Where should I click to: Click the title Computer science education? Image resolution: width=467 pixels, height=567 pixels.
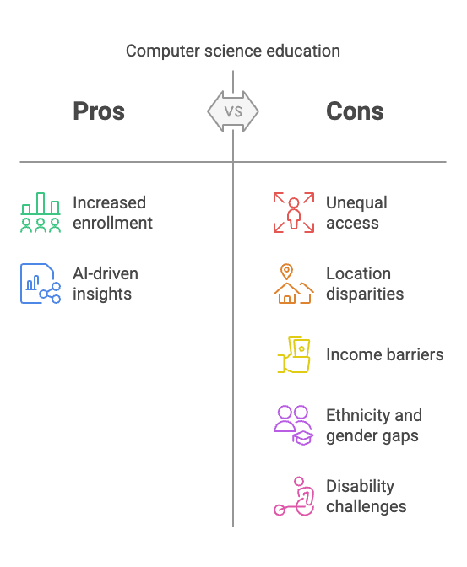(233, 51)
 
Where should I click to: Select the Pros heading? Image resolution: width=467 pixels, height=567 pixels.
(99, 111)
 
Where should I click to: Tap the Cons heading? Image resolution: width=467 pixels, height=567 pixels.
(355, 111)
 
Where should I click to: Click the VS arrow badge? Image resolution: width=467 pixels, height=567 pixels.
(233, 111)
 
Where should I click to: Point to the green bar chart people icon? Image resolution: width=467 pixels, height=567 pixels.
(41, 213)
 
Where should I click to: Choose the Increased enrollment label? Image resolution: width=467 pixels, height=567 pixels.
(112, 213)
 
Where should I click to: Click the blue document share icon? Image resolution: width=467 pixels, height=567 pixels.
(41, 283)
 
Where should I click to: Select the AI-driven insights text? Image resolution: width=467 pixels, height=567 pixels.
(106, 283)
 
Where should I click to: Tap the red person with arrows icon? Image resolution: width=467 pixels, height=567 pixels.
(294, 213)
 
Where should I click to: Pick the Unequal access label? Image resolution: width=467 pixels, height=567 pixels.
(356, 213)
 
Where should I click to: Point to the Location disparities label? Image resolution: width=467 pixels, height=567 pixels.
(365, 283)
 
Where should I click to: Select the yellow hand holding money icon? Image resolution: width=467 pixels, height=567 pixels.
(294, 354)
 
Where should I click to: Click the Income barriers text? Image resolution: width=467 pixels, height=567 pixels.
(385, 354)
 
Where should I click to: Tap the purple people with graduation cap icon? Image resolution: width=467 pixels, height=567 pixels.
(294, 425)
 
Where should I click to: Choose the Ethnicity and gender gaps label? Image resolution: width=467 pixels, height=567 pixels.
(374, 425)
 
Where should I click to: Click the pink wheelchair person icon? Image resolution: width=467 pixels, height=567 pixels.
(294, 496)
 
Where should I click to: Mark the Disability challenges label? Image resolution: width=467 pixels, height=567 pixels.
(366, 496)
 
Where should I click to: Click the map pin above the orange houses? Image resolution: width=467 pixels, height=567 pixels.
(286, 272)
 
